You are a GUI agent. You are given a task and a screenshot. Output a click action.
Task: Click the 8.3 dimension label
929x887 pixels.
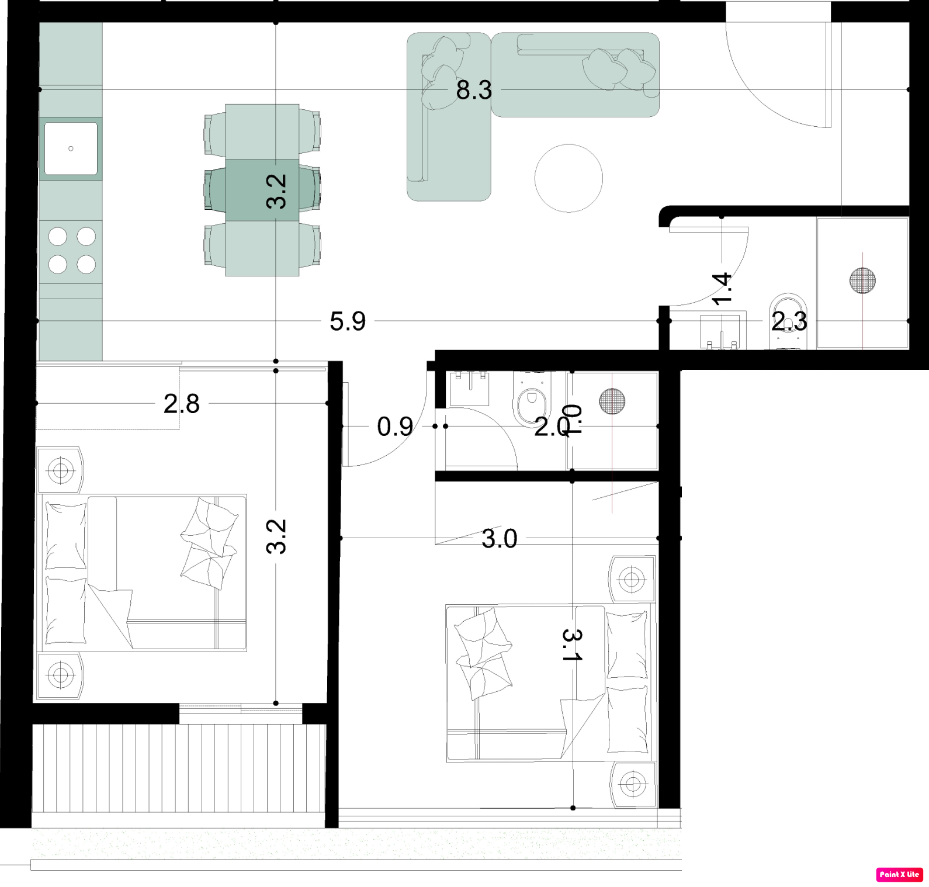pyautogui.click(x=474, y=90)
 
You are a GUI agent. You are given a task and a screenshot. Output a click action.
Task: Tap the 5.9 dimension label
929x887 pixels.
pyautogui.click(x=348, y=321)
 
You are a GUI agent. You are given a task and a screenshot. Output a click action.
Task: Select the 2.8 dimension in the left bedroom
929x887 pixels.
pyautogui.click(x=181, y=404)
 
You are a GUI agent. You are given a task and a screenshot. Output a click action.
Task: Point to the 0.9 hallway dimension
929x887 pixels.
pyautogui.click(x=395, y=427)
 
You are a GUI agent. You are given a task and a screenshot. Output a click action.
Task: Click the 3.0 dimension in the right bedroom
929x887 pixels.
pyautogui.click(x=499, y=538)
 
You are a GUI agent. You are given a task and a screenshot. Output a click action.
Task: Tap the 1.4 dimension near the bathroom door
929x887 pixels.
pyautogui.click(x=723, y=289)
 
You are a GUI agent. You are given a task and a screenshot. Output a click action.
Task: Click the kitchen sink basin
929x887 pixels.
pyautogui.click(x=71, y=148)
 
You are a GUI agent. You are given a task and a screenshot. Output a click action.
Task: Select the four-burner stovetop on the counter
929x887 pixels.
pyautogui.click(x=71, y=251)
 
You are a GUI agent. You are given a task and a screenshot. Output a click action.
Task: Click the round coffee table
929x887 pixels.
pyautogui.click(x=569, y=178)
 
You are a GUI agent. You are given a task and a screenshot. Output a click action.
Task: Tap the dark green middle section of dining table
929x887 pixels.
pyautogui.click(x=262, y=190)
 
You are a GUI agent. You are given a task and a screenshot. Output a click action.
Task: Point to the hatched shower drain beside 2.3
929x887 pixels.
pyautogui.click(x=862, y=280)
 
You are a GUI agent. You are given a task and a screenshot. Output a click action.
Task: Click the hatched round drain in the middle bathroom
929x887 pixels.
pyautogui.click(x=612, y=401)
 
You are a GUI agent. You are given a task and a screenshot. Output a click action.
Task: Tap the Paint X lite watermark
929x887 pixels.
pyautogui.click(x=899, y=874)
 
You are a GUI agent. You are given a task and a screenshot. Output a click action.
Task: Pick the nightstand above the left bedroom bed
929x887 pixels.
pyautogui.click(x=60, y=470)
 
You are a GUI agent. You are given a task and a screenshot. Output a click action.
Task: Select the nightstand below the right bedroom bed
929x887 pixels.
pyautogui.click(x=632, y=784)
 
